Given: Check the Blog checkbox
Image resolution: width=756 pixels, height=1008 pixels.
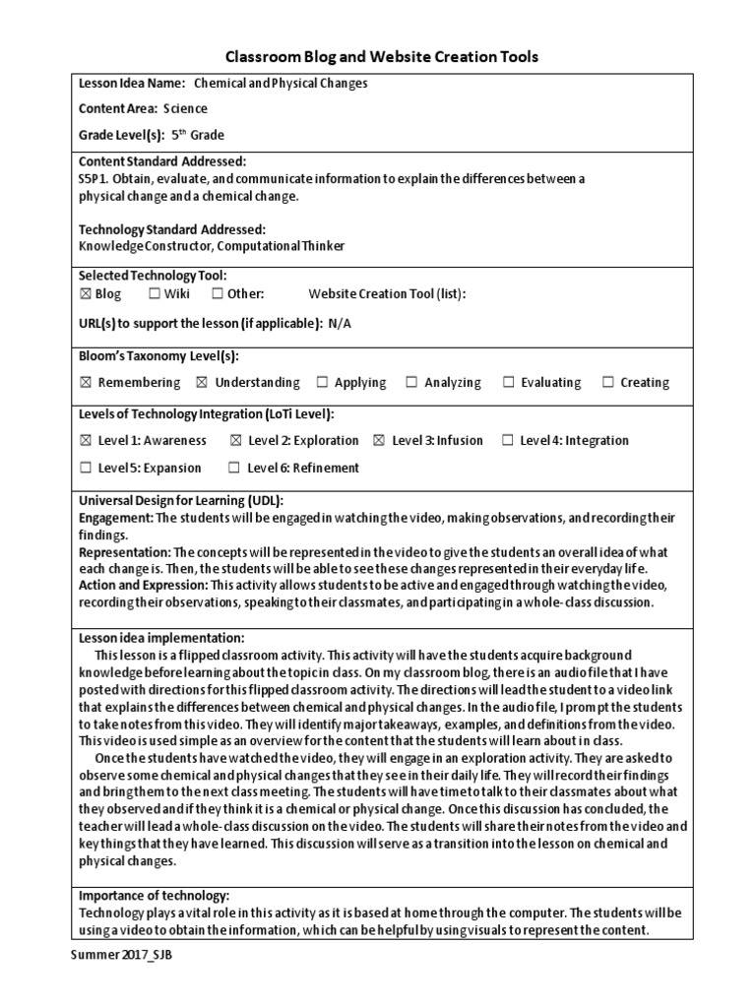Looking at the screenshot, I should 84,293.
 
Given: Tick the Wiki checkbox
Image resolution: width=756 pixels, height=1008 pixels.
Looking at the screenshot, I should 155,293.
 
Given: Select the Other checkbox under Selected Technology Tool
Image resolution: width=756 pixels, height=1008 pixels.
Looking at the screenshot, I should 216,293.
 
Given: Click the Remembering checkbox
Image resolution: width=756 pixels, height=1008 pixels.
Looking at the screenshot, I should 85,382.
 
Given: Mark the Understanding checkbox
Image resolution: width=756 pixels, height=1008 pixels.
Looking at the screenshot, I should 202,382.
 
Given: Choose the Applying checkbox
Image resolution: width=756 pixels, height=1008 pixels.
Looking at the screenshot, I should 322,382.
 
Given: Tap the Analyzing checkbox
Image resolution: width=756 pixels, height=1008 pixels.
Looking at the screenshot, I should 411,382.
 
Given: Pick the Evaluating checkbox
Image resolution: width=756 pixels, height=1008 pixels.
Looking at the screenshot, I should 508,382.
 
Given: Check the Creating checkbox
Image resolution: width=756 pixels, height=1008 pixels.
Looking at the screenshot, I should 607,382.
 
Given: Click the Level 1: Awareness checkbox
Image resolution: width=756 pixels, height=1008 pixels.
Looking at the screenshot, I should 85,440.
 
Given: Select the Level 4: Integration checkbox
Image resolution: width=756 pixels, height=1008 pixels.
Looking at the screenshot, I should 507,440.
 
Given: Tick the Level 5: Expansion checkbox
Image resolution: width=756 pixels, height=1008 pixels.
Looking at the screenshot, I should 85,468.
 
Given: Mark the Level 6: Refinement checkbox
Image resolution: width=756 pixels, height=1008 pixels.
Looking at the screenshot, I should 234,468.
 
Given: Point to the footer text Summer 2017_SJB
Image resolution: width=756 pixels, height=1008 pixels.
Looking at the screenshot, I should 114,956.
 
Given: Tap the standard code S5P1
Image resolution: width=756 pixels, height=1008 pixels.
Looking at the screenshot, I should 93,178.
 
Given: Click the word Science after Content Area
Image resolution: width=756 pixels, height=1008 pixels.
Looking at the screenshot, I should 185,109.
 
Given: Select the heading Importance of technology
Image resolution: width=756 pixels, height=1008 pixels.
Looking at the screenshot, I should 154,895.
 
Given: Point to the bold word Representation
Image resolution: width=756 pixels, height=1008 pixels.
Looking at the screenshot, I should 124,552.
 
